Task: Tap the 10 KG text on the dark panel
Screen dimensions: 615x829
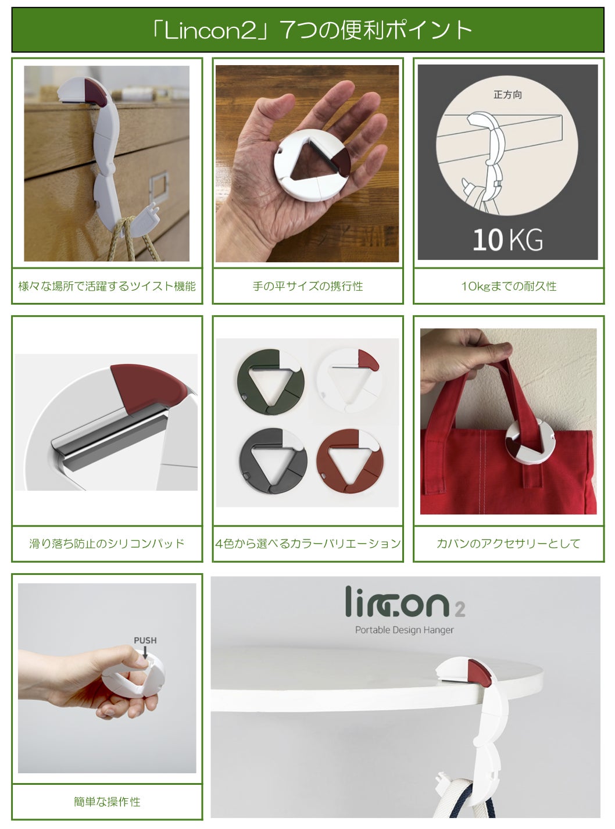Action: (507, 240)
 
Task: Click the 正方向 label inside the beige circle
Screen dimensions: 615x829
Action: (507, 95)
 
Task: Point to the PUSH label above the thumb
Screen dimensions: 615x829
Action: (145, 640)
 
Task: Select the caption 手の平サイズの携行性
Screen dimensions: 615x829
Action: (307, 286)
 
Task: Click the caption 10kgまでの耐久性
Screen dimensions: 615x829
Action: (509, 286)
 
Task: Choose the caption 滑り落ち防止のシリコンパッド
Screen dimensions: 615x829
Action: (107, 544)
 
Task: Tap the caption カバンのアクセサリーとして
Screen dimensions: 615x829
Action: (509, 544)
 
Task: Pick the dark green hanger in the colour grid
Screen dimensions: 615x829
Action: (270, 382)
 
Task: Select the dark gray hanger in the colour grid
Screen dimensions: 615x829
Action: (273, 461)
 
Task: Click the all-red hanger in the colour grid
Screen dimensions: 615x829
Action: (349, 461)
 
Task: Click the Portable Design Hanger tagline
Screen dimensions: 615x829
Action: (404, 630)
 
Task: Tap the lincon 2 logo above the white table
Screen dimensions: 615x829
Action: (405, 602)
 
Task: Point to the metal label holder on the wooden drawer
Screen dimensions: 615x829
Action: (159, 190)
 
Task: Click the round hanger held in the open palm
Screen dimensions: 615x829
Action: (312, 166)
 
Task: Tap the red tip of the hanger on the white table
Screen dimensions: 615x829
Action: (480, 673)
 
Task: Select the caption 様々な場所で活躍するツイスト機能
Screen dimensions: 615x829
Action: (107, 286)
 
